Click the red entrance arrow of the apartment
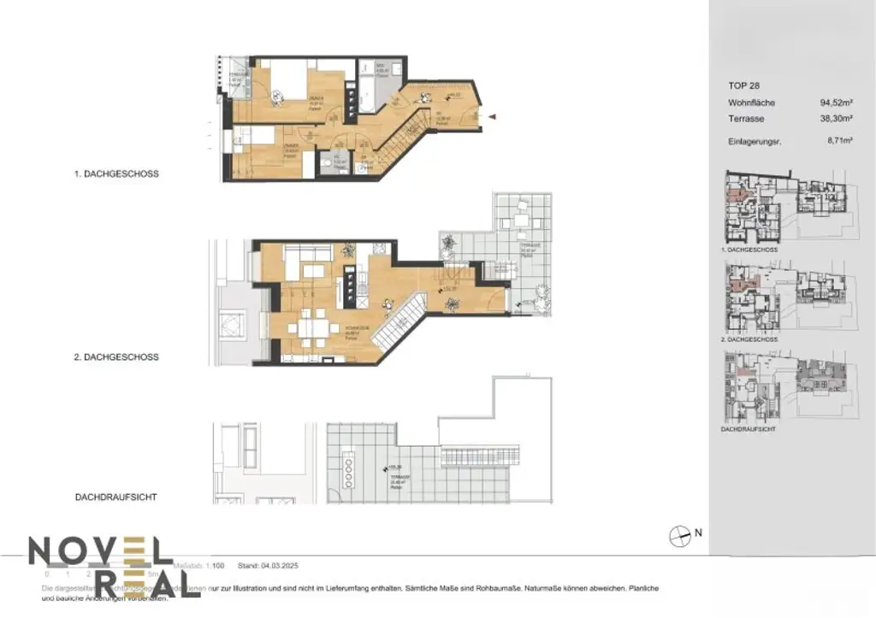pos(493,118)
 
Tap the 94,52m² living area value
pos(838,103)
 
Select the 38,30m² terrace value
pos(838,119)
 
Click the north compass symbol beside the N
pos(679,533)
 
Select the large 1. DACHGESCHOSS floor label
pos(116,174)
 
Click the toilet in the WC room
pos(328,163)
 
